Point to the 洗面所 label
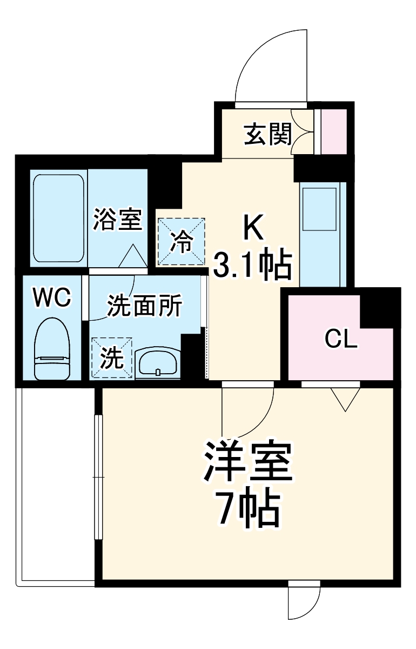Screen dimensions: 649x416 tap(144, 307)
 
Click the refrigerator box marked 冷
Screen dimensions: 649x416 tap(182, 242)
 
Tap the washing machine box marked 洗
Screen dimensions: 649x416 tap(112, 357)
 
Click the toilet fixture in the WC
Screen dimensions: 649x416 tap(52, 349)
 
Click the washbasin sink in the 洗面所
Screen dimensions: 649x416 tap(158, 362)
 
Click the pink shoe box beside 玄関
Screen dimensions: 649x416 tap(334, 131)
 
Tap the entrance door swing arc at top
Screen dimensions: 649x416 tap(270, 65)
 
